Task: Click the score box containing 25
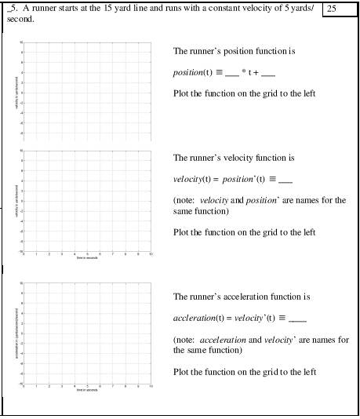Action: pyautogui.click(x=340, y=9)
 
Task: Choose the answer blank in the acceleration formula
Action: pyautogui.click(x=297, y=319)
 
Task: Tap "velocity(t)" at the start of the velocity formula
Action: pyautogui.click(x=192, y=179)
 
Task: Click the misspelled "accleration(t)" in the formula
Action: pyautogui.click(x=198, y=319)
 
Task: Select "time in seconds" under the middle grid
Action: pyautogui.click(x=87, y=258)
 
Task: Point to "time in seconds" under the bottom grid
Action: pyautogui.click(x=87, y=390)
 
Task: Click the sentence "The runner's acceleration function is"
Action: pyautogui.click(x=242, y=297)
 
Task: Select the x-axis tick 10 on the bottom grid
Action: pyautogui.click(x=151, y=386)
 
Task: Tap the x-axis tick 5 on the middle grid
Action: pyautogui.click(x=88, y=254)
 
